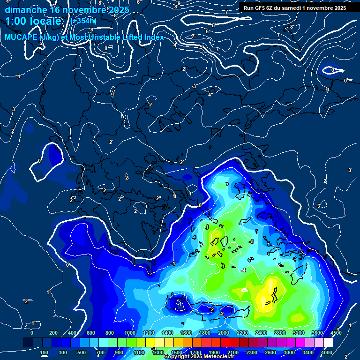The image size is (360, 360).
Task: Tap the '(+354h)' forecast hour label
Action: coord(83,21)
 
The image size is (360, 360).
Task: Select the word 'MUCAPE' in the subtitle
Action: coord(22,37)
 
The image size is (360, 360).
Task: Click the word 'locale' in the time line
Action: coord(45,21)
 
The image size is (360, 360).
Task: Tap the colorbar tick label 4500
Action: coord(336,333)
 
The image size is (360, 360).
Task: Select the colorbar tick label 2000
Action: coord(223,333)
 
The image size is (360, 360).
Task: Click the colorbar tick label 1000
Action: coord(129,333)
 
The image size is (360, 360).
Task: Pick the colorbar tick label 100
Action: coord(45,352)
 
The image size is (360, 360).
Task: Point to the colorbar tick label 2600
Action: coord(270,352)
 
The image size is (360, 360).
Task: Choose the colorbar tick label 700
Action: coord(100,352)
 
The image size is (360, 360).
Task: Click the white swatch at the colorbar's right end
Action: coord(328,343)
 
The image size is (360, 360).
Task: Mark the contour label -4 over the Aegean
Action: coord(243,270)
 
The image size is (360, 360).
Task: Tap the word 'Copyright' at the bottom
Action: coord(177,357)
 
